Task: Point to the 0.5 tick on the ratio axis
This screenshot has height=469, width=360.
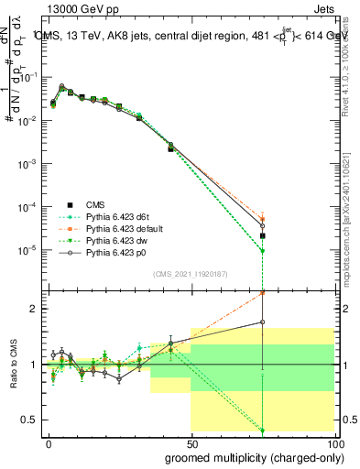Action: click(x=29, y=420)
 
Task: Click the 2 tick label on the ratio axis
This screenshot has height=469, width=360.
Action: click(x=33, y=309)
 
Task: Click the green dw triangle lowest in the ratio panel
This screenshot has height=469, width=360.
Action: click(x=263, y=431)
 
